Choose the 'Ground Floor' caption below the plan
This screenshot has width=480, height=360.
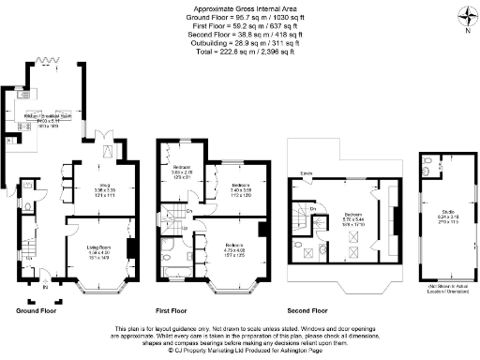point(33,309)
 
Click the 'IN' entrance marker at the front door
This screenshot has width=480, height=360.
point(44,301)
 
